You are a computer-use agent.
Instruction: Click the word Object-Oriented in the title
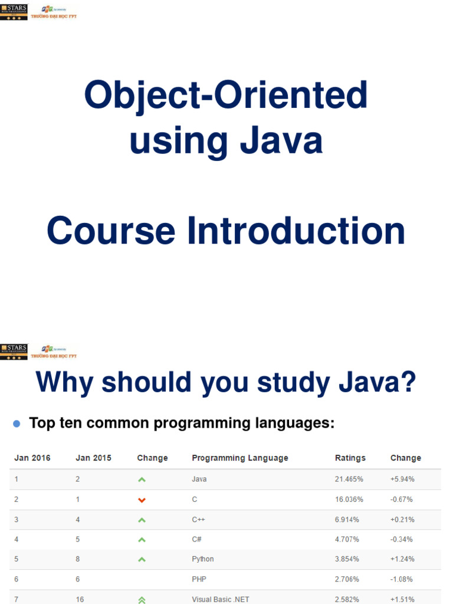(x=226, y=95)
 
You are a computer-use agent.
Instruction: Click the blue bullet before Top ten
(x=17, y=424)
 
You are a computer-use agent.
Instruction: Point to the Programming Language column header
(x=239, y=458)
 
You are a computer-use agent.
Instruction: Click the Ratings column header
(x=350, y=458)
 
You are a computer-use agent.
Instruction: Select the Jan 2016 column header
(x=32, y=458)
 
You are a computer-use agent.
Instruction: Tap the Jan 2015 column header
(x=93, y=458)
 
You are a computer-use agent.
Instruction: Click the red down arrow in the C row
(x=142, y=500)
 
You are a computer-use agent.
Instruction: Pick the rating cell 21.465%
(x=349, y=479)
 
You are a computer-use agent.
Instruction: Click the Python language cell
(x=202, y=559)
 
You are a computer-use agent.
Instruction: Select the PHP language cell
(x=199, y=579)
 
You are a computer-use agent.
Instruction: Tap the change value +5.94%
(x=402, y=479)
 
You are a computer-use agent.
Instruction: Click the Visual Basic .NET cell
(x=220, y=599)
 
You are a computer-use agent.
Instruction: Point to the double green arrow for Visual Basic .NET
(x=142, y=600)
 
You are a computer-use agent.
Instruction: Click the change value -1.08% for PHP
(x=401, y=579)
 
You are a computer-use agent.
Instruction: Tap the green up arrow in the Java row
(x=142, y=480)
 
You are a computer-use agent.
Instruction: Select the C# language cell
(x=198, y=539)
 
